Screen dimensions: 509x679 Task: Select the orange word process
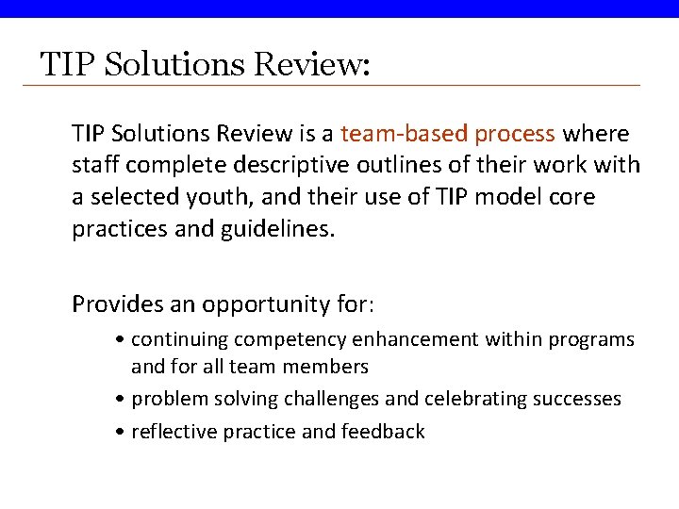click(515, 134)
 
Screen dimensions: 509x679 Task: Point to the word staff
click(94, 166)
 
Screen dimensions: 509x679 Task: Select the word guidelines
click(280, 230)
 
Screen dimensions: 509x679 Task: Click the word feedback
click(385, 432)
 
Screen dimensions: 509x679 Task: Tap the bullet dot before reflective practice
click(123, 433)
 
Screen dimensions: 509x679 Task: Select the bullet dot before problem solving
click(123, 400)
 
